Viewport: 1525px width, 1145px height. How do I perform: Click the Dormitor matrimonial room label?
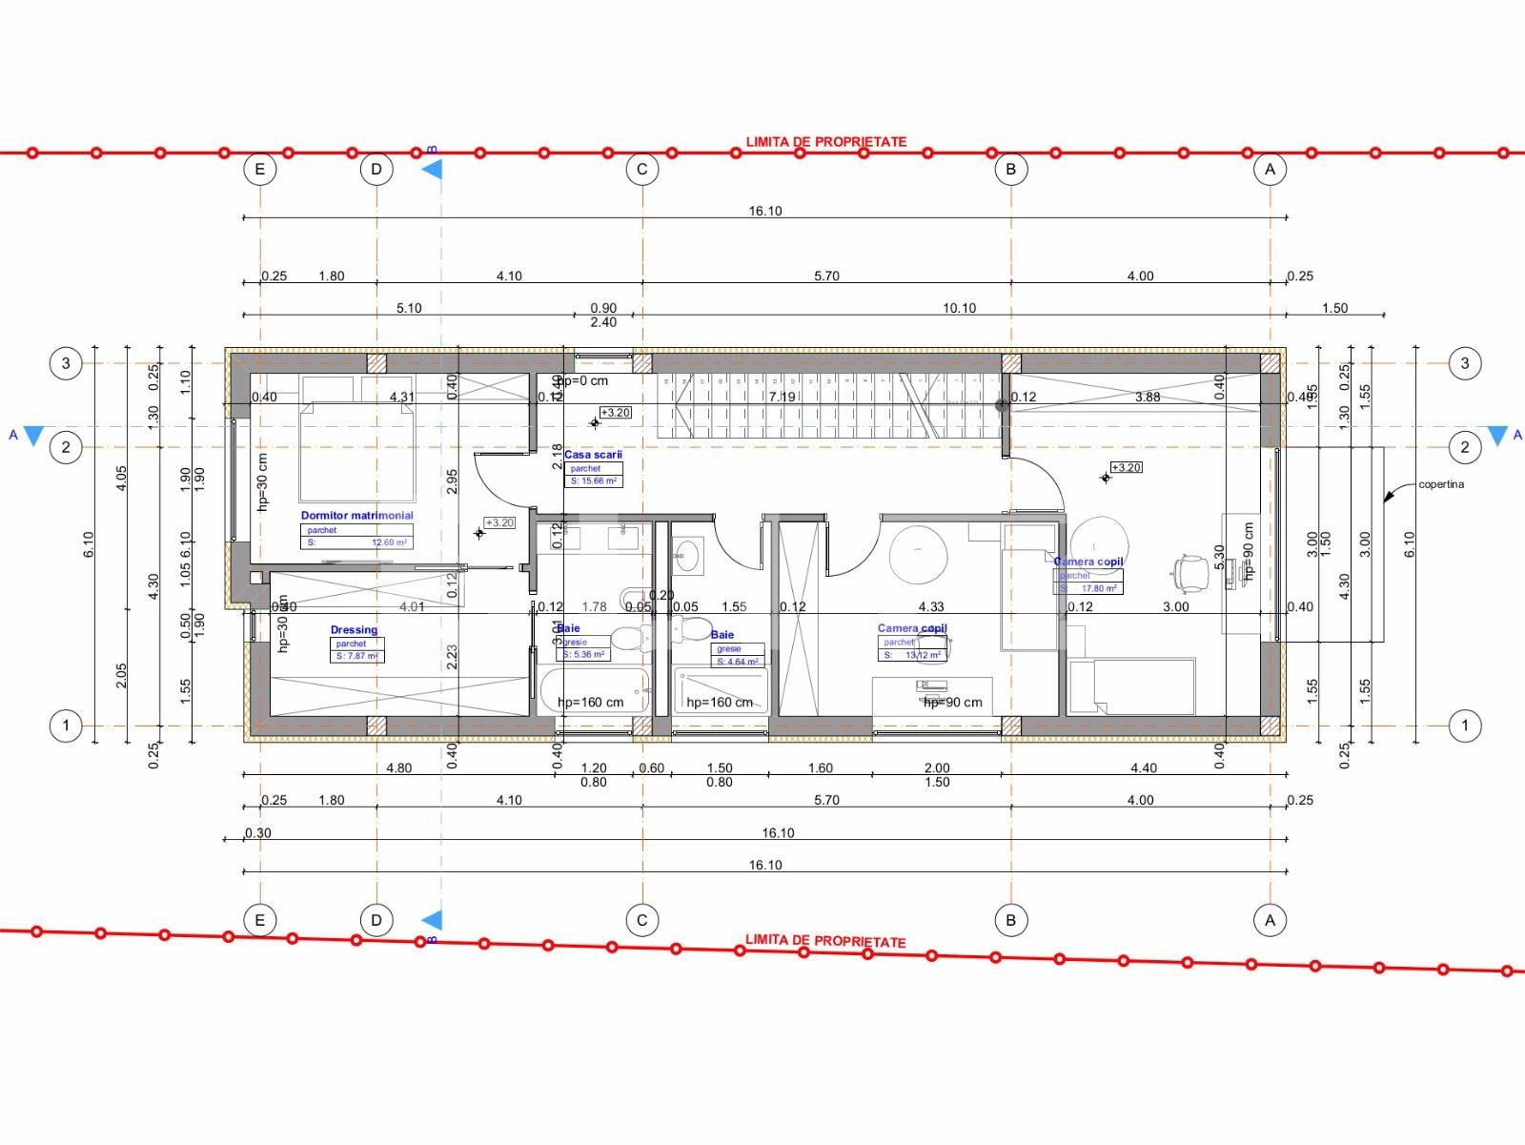[x=356, y=516]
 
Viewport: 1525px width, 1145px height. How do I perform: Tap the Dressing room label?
[x=354, y=630]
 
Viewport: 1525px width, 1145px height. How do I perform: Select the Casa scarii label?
[x=593, y=455]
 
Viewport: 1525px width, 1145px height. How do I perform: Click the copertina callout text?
[x=1440, y=484]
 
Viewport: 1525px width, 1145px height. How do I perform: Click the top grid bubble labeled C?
[x=641, y=170]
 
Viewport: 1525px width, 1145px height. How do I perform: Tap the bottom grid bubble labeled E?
[x=259, y=920]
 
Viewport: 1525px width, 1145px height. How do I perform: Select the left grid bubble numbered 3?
[x=66, y=363]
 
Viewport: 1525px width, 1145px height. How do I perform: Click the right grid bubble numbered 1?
[x=1464, y=726]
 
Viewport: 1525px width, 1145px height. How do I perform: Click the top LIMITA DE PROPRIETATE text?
[x=825, y=142]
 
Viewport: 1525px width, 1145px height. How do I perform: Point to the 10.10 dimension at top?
[x=959, y=308]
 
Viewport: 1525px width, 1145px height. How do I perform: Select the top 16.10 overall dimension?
[x=764, y=212]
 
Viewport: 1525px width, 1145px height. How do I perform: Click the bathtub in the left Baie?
[x=595, y=690]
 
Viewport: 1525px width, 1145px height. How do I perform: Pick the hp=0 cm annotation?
[x=583, y=381]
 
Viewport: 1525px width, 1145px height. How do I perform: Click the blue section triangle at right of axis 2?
[x=1497, y=436]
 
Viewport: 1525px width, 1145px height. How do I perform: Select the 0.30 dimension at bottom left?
[x=258, y=833]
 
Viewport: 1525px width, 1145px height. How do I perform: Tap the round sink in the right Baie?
[x=687, y=554]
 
